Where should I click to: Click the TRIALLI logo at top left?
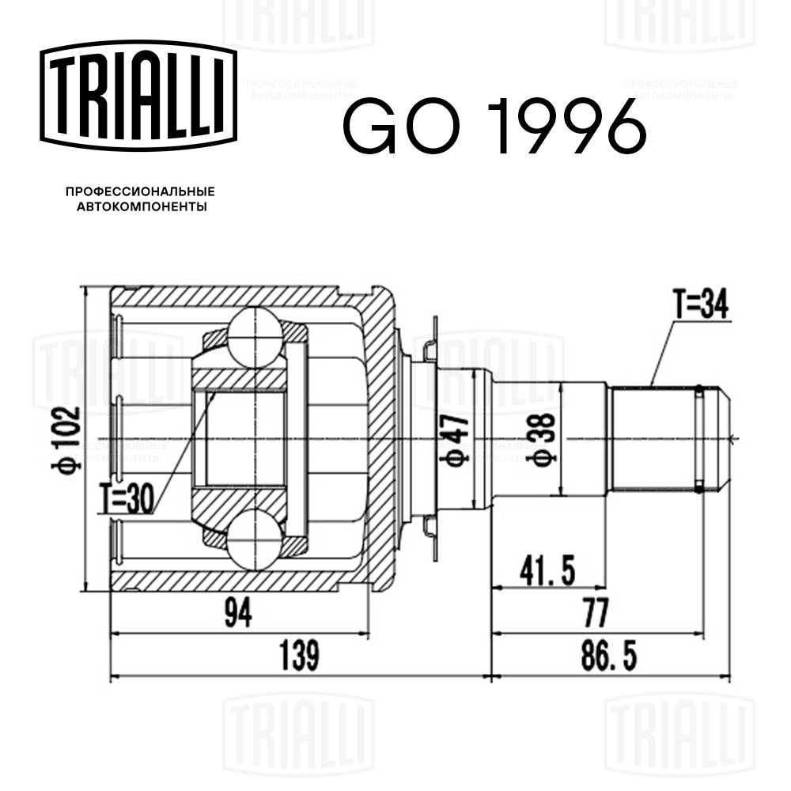(138, 93)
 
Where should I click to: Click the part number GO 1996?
(494, 127)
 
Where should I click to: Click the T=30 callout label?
(127, 499)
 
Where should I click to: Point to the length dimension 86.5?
(609, 655)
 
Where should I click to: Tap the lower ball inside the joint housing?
(255, 540)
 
